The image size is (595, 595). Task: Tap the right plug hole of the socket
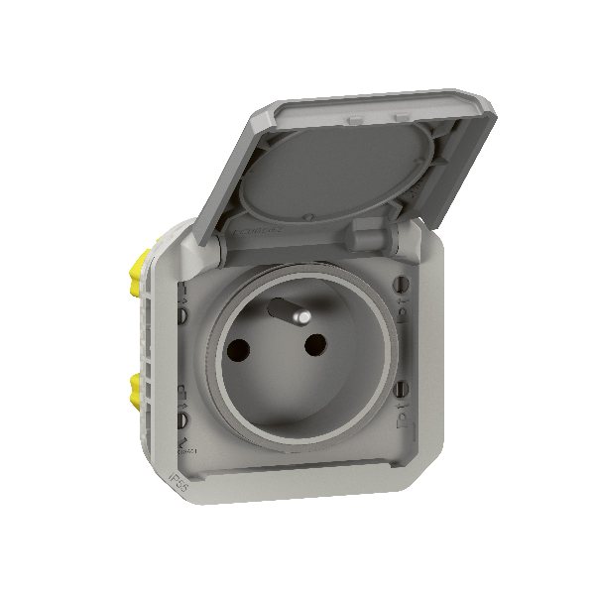[x=315, y=345]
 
